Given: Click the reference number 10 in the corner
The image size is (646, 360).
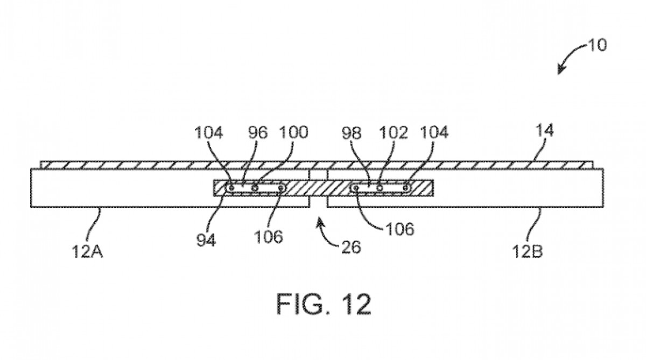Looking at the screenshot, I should pos(596,45).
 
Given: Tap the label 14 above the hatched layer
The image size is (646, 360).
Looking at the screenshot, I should pos(544,131).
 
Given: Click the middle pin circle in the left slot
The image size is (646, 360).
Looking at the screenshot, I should pos(255,188).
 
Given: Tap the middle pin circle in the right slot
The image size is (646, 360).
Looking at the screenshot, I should pos(380,188).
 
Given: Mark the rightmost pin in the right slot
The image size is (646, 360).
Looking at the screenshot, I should pos(406,188).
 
